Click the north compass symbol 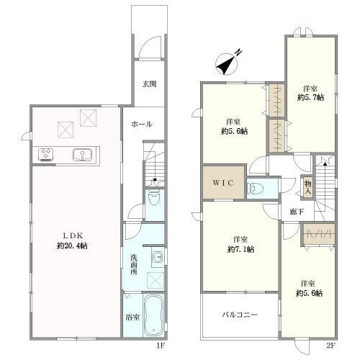(228, 64)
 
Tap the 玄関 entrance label (149, 84)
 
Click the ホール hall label (142, 124)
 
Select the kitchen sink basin (82, 154)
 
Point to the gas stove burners (46, 154)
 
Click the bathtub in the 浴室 (153, 315)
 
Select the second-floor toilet (256, 188)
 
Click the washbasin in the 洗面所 (158, 257)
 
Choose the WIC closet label (223, 183)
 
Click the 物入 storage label (308, 188)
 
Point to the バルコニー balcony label (240, 315)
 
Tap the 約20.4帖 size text (72, 246)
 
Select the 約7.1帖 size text (240, 250)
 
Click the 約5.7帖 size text (310, 98)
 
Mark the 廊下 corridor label (297, 212)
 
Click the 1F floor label (161, 346)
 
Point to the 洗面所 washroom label (134, 265)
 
